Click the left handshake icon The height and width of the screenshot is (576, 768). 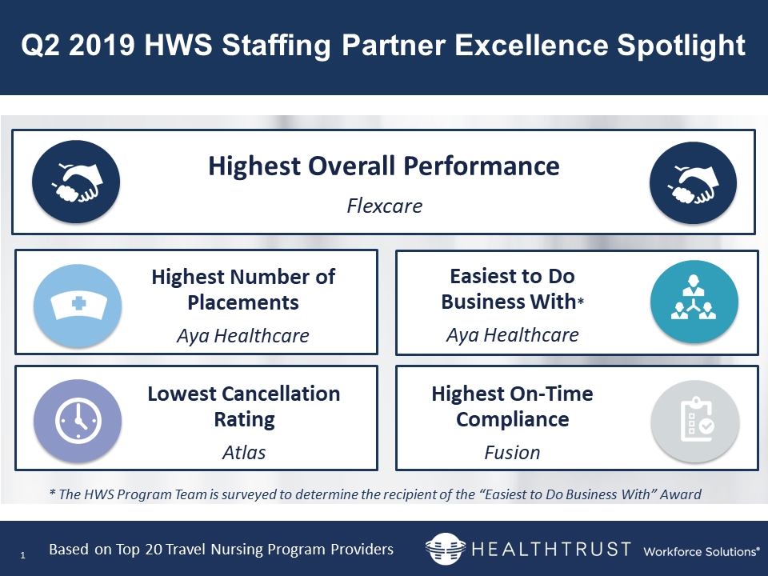coord(76,182)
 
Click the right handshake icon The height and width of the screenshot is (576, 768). coord(693,182)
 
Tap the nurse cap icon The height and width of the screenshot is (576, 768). coord(78,305)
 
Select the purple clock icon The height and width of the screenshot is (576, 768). coord(78,421)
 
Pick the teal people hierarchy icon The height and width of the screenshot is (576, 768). coord(694,302)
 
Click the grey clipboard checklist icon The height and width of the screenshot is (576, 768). coord(695,422)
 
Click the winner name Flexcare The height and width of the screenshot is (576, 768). coord(385,206)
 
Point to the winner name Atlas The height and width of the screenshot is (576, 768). coord(244,453)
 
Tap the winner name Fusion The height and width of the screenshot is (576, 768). coord(512,453)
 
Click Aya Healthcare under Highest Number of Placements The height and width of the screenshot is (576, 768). coord(243,336)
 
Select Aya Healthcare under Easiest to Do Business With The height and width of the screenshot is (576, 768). coord(512,335)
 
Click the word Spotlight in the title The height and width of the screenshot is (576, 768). coord(681,46)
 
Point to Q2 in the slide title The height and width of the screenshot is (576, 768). coord(41,45)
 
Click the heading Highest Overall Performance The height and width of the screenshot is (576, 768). coord(384,166)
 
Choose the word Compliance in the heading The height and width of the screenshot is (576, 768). coord(512,420)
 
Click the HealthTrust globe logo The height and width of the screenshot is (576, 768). coord(446,549)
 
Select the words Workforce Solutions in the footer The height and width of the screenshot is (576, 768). coord(701,551)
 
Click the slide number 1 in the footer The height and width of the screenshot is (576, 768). coord(22,555)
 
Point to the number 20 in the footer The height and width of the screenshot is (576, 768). coord(154,550)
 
